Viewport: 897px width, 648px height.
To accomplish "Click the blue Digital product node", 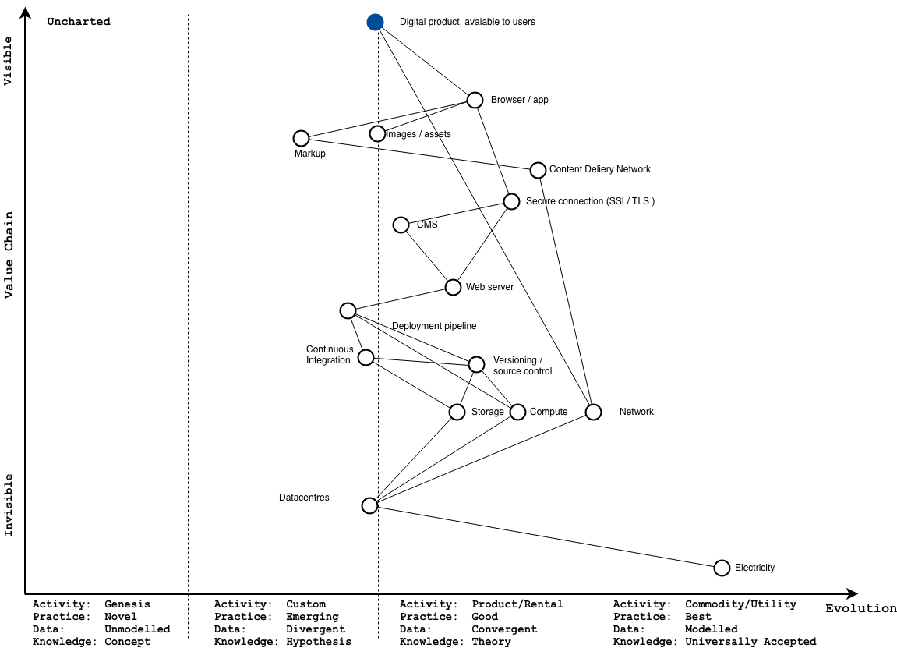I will (376, 22).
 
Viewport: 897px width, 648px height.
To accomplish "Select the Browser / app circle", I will (475, 100).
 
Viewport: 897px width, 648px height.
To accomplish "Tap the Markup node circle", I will (302, 138).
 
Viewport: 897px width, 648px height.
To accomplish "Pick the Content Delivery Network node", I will (538, 170).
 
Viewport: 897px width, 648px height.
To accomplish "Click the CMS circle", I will (401, 225).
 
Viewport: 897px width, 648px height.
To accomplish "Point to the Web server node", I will (453, 287).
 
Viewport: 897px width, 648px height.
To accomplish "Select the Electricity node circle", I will (722, 568).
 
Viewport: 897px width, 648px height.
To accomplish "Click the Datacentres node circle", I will (370, 505).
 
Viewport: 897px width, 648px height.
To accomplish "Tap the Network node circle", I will (593, 412).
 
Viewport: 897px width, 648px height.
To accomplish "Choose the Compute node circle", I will (518, 412).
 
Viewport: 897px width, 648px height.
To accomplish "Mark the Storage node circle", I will (457, 412).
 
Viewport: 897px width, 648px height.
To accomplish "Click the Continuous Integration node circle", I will (366, 358).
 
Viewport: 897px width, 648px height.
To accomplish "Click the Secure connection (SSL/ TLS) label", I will (590, 201).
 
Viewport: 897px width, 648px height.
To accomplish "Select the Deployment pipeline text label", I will (434, 326).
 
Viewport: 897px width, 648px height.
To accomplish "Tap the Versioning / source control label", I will (522, 366).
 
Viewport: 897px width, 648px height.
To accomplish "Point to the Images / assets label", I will (419, 134).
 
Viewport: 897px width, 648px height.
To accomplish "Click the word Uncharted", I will (79, 22).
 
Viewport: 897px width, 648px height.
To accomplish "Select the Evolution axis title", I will (861, 609).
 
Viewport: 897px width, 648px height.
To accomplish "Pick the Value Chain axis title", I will (9, 254).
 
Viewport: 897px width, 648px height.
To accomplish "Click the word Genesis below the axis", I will (127, 604).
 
